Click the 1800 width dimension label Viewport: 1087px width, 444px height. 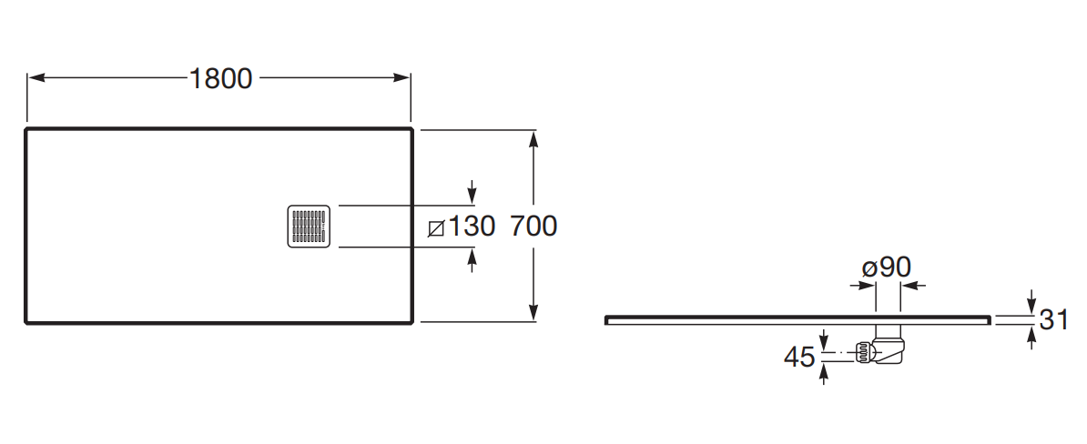coord(221,79)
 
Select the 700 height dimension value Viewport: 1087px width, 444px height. coord(533,226)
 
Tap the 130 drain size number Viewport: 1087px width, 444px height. coord(472,226)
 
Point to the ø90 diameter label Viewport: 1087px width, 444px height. coord(886,267)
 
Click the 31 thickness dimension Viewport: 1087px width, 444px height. coord(1053,319)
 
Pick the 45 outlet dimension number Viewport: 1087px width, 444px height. coord(798,358)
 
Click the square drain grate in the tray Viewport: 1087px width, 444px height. coord(310,227)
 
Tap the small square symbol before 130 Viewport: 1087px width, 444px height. coord(436,227)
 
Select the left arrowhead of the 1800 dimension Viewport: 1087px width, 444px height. coord(36,77)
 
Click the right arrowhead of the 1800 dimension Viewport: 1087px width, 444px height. coord(402,77)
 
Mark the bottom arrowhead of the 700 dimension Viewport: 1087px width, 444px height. coord(533,312)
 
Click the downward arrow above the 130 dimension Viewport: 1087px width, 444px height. coord(472,193)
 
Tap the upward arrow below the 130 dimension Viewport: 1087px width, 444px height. coord(472,259)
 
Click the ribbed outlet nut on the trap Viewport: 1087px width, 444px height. coord(863,353)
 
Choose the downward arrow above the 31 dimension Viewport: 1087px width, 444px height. coord(1031,302)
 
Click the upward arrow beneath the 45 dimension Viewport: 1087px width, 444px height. coord(824,374)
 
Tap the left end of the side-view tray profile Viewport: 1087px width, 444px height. coord(606,320)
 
